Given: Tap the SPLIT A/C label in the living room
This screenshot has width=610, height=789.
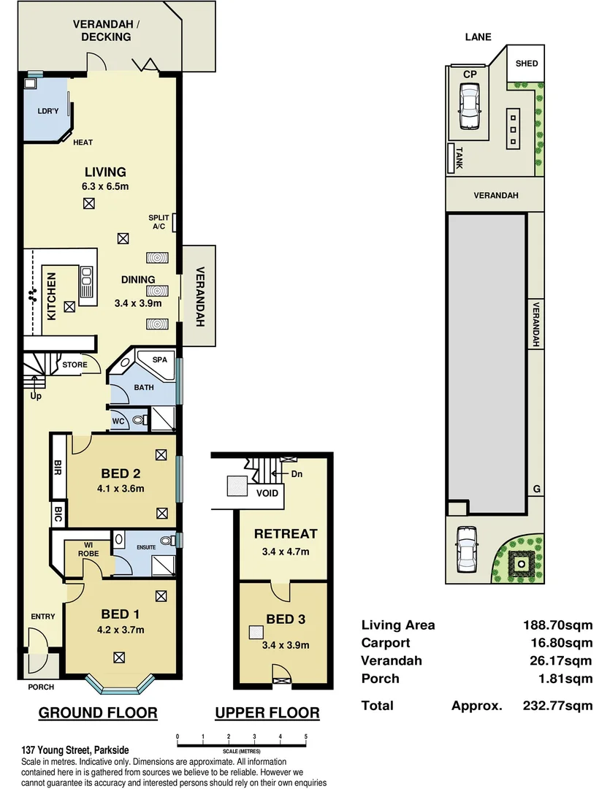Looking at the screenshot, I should pos(159,222).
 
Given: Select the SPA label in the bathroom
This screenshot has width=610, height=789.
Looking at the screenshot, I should pos(159,360).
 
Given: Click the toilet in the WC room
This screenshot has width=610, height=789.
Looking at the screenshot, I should pos(140,420).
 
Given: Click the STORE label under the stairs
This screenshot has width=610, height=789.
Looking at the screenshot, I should pos(75,365).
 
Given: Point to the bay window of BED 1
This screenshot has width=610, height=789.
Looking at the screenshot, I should pos(121,685).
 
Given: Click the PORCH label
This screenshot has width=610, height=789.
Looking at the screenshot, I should pos(41,687).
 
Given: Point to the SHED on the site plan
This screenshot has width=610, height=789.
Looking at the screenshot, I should pos(527,64).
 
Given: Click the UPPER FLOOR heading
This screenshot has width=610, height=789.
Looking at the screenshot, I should pos(267,713).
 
